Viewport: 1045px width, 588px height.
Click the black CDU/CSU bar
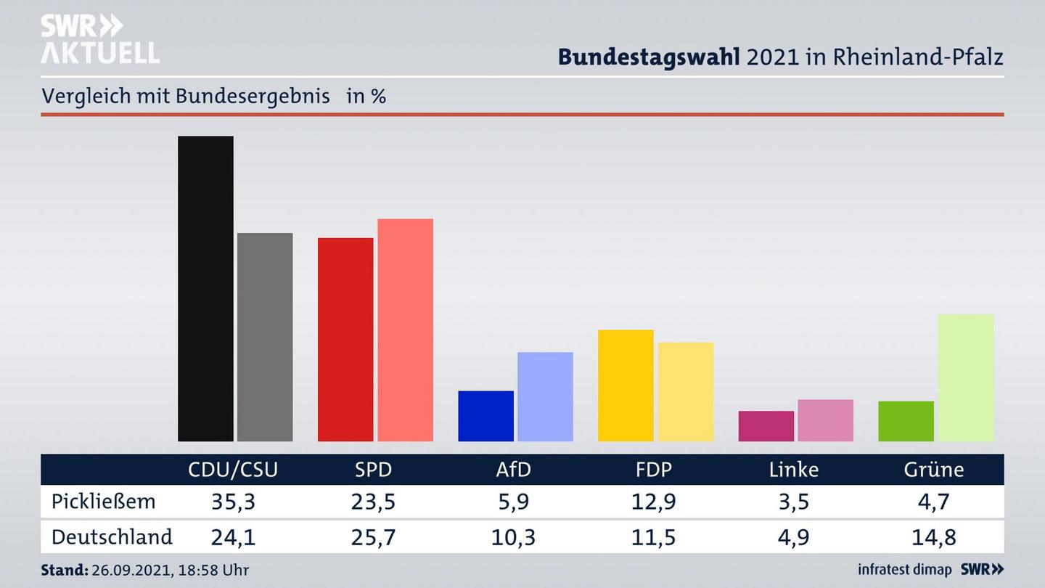pyautogui.click(x=205, y=288)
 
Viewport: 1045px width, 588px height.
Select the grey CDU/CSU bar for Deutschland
pyautogui.click(x=265, y=337)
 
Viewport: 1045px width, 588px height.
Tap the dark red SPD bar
pyautogui.click(x=345, y=339)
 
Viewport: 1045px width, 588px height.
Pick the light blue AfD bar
pyautogui.click(x=545, y=396)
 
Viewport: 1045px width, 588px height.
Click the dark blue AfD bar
pyautogui.click(x=485, y=416)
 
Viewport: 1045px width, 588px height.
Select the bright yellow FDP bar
pyautogui.click(x=626, y=385)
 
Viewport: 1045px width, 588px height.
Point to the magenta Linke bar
pyautogui.click(x=766, y=426)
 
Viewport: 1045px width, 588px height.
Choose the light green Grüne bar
pyautogui.click(x=965, y=377)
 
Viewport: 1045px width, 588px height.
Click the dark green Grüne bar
pyautogui.click(x=906, y=421)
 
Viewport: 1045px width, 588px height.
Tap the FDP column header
pyautogui.click(x=654, y=470)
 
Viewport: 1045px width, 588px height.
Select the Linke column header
pyautogui.click(x=794, y=470)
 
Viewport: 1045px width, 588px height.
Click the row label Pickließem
pyautogui.click(x=104, y=502)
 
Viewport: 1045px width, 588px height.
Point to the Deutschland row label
pyautogui.click(x=112, y=537)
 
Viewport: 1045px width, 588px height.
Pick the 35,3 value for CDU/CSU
pyautogui.click(x=233, y=502)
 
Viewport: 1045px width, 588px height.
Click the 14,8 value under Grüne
pyautogui.click(x=934, y=537)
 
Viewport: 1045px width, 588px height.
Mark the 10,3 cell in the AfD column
pyautogui.click(x=514, y=537)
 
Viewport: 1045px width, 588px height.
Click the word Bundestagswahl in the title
pyautogui.click(x=649, y=57)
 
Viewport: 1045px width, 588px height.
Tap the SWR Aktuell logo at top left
pyautogui.click(x=100, y=39)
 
